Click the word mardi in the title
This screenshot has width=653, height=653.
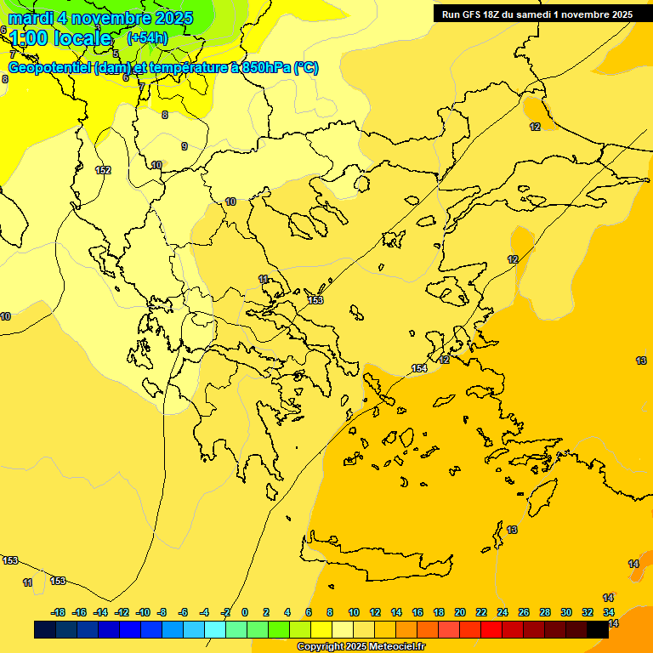(32, 18)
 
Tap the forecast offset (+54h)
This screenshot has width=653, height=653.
(147, 38)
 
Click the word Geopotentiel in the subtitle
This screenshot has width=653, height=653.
(50, 68)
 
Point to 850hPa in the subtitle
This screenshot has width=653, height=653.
(267, 68)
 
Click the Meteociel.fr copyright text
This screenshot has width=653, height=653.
(360, 647)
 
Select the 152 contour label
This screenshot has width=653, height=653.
(103, 170)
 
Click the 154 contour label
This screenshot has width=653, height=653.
(419, 368)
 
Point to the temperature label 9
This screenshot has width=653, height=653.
(185, 146)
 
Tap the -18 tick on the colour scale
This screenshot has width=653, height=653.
(59, 612)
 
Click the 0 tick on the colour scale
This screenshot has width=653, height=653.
(245, 612)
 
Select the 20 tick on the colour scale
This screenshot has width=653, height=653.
(460, 612)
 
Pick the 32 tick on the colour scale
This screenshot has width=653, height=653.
(588, 612)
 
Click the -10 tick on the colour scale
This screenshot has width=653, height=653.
(143, 612)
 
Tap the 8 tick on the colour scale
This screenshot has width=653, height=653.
(330, 612)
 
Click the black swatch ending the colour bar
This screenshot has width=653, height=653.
(598, 629)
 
